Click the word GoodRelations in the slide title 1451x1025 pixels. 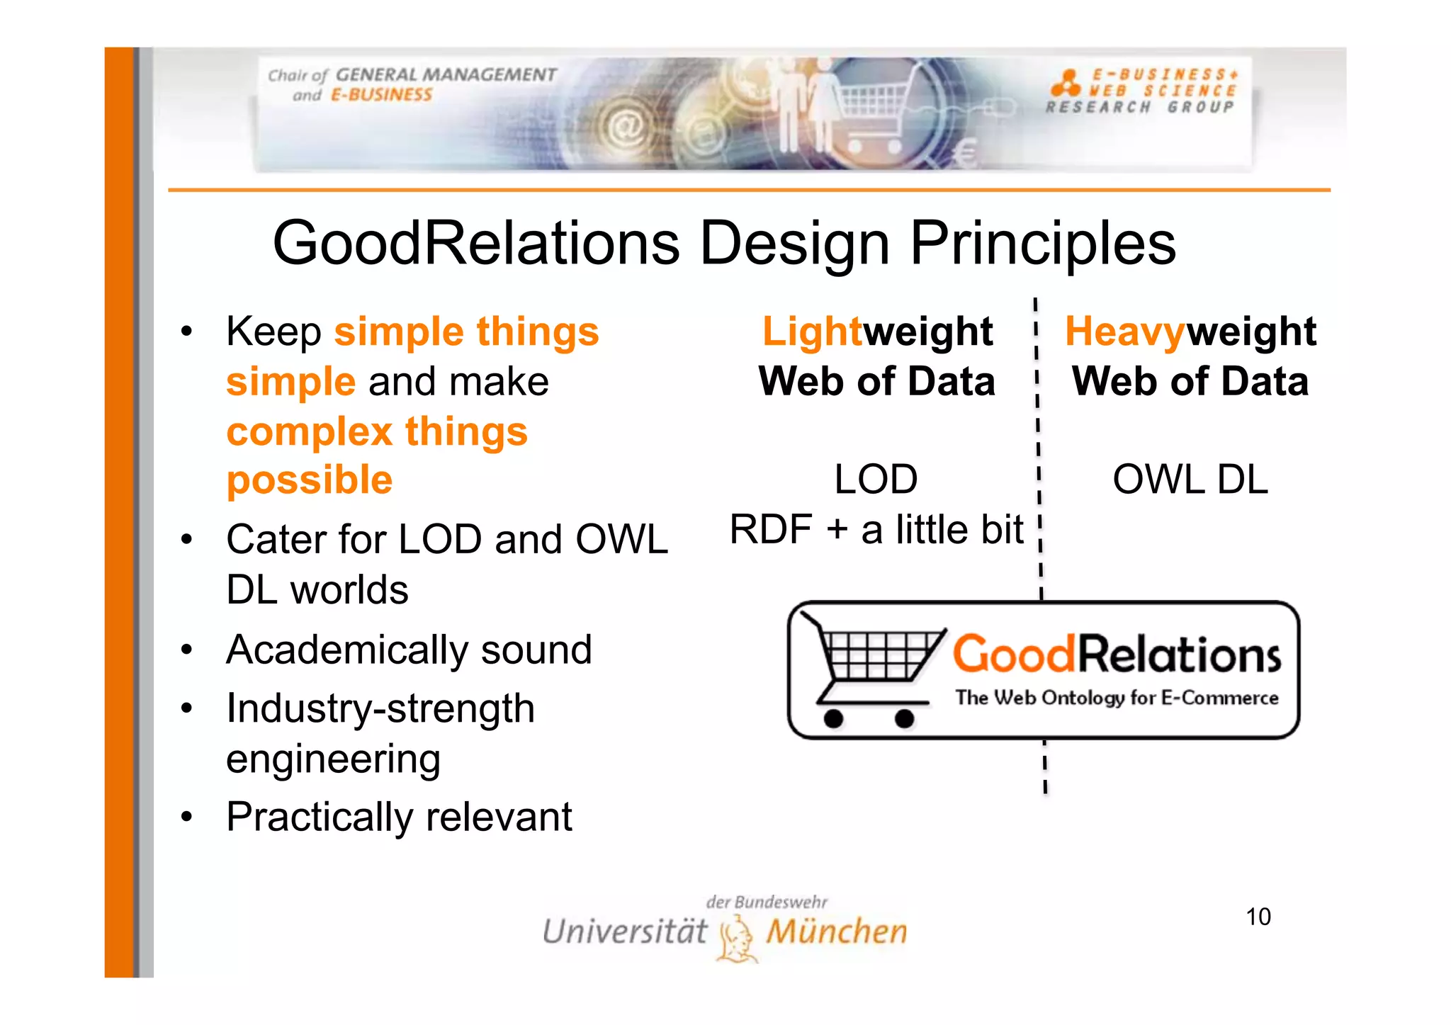pos(476,243)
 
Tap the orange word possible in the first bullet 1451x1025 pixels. pos(309,480)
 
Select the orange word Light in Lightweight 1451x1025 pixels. pos(811,331)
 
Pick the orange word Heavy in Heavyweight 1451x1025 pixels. pos(1124,331)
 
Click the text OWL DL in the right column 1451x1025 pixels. pos(1190,480)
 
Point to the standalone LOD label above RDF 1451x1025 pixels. pos(876,480)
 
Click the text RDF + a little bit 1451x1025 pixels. pos(876,529)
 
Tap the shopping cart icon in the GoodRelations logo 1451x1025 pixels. pos(873,669)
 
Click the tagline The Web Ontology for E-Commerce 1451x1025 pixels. pos(1117,698)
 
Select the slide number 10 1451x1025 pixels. pos(1258,917)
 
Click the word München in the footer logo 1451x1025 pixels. pos(836,931)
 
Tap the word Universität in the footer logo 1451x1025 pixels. pos(624,931)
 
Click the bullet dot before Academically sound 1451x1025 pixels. pos(186,650)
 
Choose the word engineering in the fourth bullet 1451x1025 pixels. pos(333,759)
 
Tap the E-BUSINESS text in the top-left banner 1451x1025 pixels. pos(381,95)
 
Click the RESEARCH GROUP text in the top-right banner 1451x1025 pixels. pos(1140,108)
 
